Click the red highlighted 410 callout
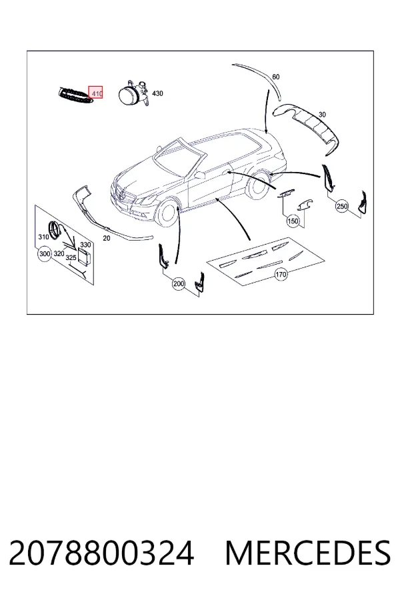(96, 92)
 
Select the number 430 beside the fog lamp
(157, 93)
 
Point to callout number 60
(275, 77)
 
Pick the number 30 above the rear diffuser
(322, 115)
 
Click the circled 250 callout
(342, 206)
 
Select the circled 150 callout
(293, 221)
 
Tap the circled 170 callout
(281, 274)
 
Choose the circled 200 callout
(179, 283)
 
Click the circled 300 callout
(45, 254)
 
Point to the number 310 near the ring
(43, 237)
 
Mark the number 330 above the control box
(85, 245)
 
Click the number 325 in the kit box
(71, 258)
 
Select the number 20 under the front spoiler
(107, 238)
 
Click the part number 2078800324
(101, 553)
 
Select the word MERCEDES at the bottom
(308, 553)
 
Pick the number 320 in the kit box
(59, 254)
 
